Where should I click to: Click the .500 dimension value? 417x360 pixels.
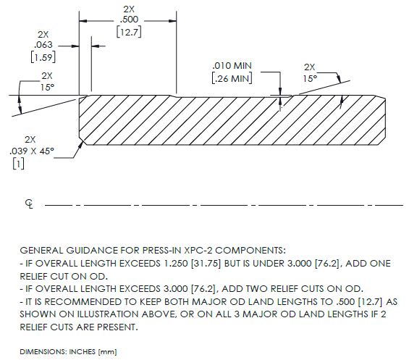tap(129, 20)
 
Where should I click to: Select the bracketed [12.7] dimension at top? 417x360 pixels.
tap(129, 32)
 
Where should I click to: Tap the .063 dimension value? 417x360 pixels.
tap(43, 45)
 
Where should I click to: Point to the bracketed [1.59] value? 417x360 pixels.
tap(43, 57)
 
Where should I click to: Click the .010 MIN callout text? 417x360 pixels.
tap(232, 65)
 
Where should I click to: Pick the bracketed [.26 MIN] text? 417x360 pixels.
tap(232, 78)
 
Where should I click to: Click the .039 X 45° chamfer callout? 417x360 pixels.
tap(32, 151)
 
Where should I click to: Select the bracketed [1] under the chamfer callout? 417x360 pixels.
tap(18, 164)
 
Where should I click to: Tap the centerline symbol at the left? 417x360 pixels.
tap(29, 204)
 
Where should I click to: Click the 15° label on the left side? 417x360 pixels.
tap(47, 87)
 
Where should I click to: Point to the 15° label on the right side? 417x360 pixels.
tap(310, 79)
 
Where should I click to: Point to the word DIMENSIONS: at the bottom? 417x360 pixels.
tap(43, 352)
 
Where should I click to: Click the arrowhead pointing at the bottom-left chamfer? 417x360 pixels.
tap(80, 146)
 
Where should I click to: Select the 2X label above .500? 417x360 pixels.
tap(129, 9)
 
